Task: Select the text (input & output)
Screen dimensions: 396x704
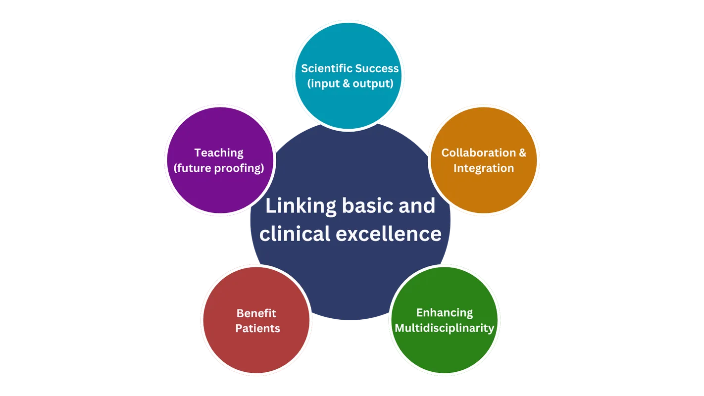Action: (x=350, y=83)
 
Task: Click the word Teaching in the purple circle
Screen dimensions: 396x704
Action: (x=219, y=153)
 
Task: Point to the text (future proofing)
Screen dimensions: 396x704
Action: (x=219, y=168)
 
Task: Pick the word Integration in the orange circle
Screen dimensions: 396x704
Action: (x=484, y=168)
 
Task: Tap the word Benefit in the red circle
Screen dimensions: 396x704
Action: (x=256, y=313)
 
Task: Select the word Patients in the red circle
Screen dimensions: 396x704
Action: (x=257, y=328)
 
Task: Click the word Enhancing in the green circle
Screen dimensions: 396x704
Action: (x=445, y=313)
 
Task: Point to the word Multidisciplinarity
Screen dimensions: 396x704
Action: (x=445, y=328)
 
